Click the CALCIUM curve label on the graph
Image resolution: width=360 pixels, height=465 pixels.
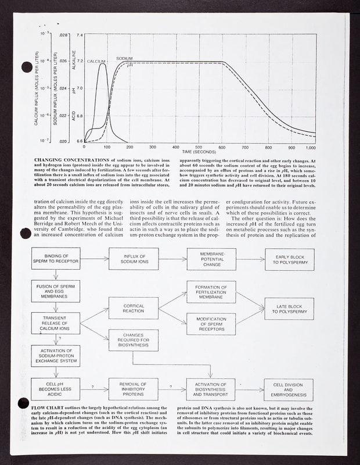pos(96,61)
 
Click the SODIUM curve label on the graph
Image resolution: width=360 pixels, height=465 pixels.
pos(124,59)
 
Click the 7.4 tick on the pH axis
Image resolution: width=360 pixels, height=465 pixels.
pos(80,35)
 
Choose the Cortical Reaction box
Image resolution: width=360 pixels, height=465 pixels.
pos(134,307)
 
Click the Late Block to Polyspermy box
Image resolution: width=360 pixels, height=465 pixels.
pos(289,308)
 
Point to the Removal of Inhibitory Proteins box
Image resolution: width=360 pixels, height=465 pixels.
pos(133,388)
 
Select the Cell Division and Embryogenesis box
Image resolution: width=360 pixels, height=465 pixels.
pos(289,388)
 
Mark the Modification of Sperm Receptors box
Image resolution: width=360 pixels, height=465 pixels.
pos(211,324)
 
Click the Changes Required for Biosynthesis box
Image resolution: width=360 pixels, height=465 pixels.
pos(134,340)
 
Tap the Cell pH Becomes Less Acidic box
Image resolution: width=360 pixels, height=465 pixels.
pos(56,388)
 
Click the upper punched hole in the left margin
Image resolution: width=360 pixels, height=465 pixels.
pos(26,67)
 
